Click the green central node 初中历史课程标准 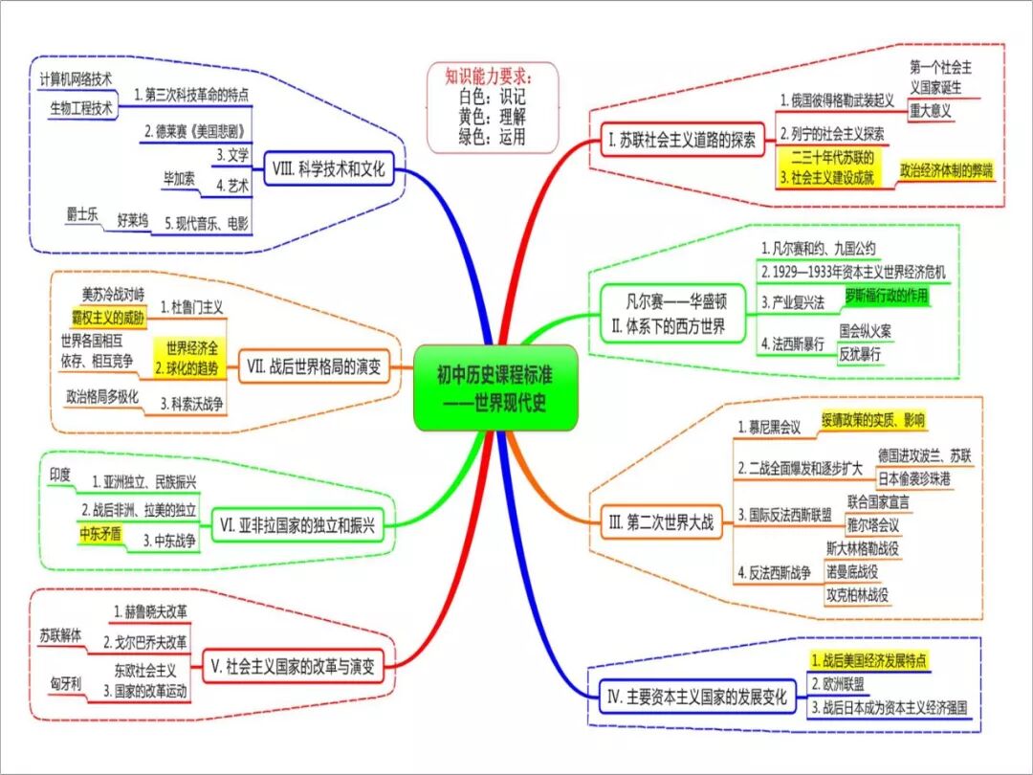click(495, 387)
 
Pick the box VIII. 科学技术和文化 click(327, 170)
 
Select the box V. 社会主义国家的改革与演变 click(291, 666)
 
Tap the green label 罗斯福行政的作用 click(886, 295)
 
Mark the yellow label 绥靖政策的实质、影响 click(873, 419)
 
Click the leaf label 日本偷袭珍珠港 click(923, 478)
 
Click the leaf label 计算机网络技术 click(77, 77)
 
